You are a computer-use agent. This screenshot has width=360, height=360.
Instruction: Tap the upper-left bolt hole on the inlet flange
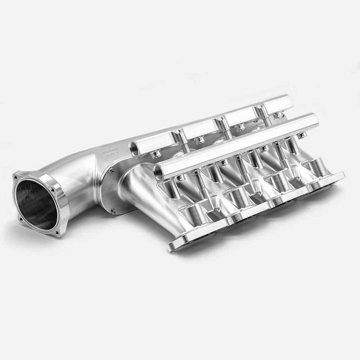click(x=16, y=177)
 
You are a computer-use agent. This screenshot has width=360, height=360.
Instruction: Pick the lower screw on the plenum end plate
click(x=114, y=211)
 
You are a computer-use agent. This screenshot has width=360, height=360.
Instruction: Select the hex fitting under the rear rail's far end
click(x=279, y=115)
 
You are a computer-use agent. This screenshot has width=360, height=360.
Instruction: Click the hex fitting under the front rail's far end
click(x=302, y=135)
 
